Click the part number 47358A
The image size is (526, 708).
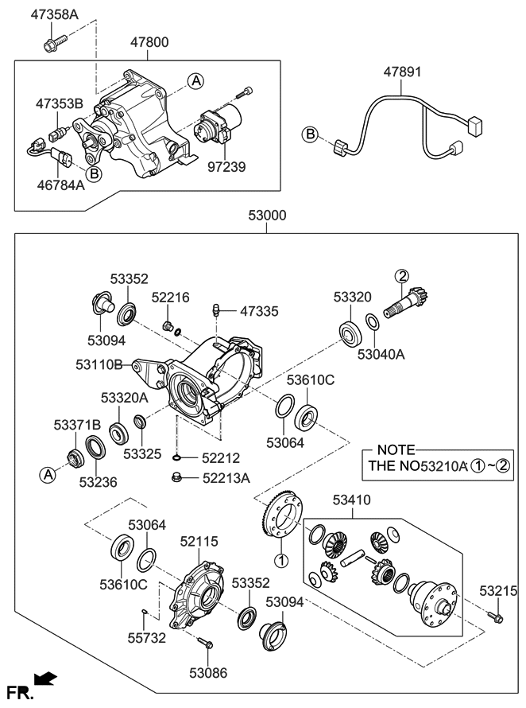click(54, 14)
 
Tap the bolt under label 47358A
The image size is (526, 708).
click(55, 43)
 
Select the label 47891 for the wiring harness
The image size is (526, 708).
click(402, 72)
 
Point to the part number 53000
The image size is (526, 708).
click(267, 215)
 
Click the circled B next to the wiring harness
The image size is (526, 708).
click(311, 134)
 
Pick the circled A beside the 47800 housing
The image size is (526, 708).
click(195, 81)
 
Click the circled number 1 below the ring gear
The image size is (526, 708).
click(280, 560)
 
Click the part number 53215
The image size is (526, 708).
click(498, 590)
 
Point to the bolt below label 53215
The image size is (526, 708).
click(494, 616)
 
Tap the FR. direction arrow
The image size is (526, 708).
click(45, 679)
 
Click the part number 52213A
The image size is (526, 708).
click(226, 478)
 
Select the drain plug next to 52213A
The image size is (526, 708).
click(177, 477)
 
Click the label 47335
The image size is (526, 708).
click(259, 311)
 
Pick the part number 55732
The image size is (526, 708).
click(147, 638)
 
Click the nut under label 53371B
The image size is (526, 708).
click(73, 458)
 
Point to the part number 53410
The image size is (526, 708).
click(351, 500)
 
